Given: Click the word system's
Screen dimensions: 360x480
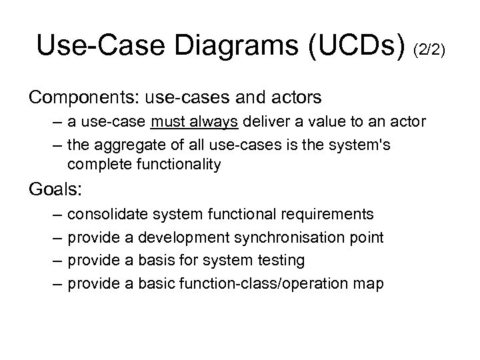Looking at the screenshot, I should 361,146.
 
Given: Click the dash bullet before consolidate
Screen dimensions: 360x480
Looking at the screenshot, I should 53,214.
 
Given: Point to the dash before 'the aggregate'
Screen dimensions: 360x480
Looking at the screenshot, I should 53,146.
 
